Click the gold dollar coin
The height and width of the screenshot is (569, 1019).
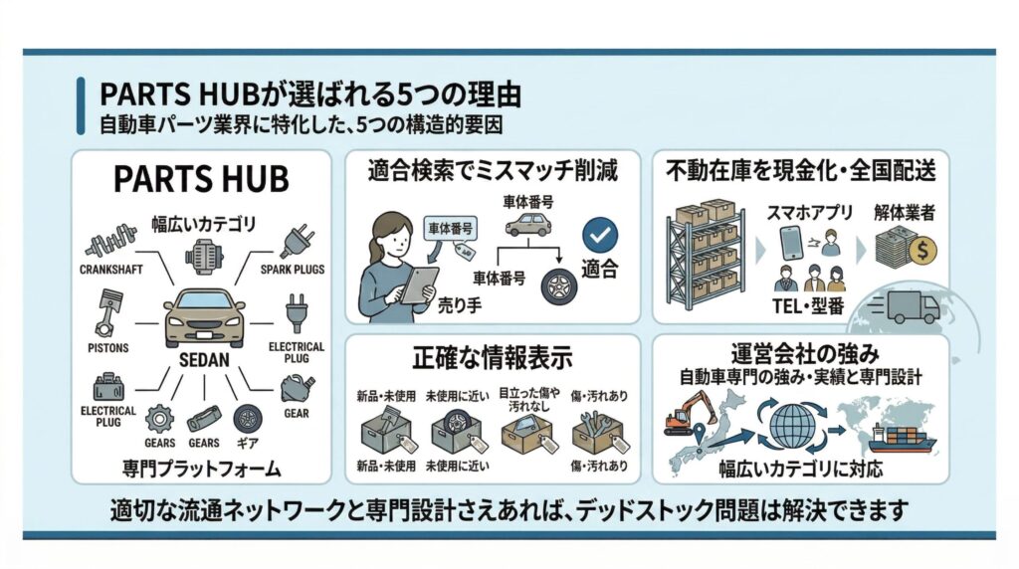pyautogui.click(x=920, y=250)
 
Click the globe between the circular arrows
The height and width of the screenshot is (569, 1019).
pyautogui.click(x=791, y=424)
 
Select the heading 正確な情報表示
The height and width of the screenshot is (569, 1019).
pyautogui.click(x=492, y=357)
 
